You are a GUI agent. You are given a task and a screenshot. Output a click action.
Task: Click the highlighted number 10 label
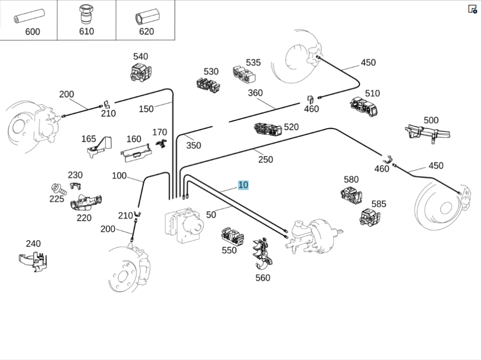[x=243, y=185]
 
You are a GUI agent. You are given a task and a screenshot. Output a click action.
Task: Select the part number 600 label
[x=33, y=32]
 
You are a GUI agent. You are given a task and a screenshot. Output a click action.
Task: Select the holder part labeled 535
[x=244, y=74]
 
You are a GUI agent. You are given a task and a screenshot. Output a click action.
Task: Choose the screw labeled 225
[x=56, y=188]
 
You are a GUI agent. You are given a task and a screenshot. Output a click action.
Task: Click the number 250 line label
[x=265, y=160]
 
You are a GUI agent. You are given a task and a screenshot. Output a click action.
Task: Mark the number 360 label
[x=255, y=93]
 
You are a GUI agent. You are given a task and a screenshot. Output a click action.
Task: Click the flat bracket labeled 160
[x=136, y=153]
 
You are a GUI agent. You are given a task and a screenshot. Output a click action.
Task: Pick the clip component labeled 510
[x=364, y=107]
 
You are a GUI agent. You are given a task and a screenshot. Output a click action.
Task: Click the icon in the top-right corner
[x=472, y=9]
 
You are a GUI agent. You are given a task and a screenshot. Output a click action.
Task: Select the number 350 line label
[x=193, y=145]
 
